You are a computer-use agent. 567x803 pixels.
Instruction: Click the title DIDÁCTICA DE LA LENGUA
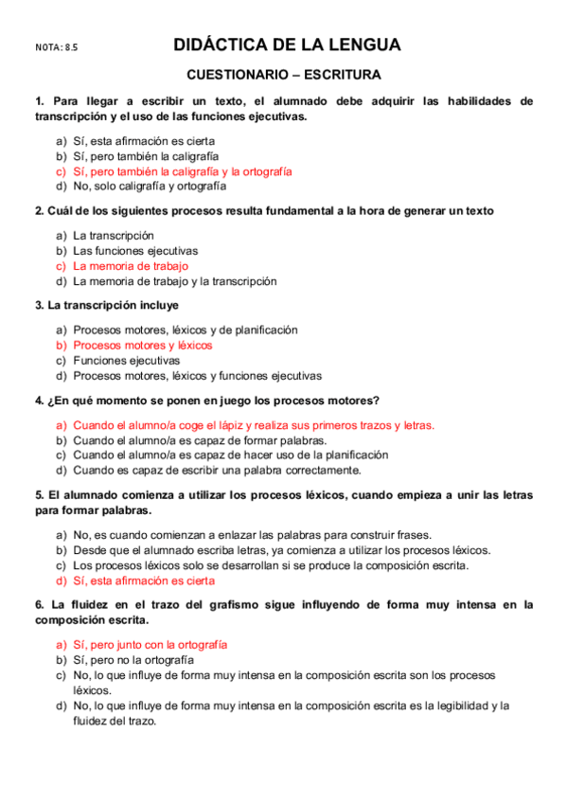coord(287,45)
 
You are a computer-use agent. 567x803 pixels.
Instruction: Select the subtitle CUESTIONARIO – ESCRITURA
coord(284,74)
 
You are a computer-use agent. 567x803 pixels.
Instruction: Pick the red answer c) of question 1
coord(182,171)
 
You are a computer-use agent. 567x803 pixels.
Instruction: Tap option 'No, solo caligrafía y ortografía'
coord(150,187)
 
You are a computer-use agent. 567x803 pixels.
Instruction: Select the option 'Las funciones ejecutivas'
coord(135,251)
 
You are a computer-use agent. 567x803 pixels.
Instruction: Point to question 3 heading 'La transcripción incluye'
coord(106,306)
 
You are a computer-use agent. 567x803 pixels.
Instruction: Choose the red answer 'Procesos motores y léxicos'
coord(143,346)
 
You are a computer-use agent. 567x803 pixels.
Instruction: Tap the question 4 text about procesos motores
coord(206,401)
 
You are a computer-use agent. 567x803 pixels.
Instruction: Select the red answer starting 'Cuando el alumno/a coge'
coord(253,426)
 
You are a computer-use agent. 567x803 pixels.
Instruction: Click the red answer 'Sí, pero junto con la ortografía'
coord(150,645)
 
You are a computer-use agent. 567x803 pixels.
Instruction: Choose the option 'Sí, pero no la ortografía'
coord(133,659)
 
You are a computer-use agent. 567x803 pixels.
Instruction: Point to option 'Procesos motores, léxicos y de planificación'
coord(185,330)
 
